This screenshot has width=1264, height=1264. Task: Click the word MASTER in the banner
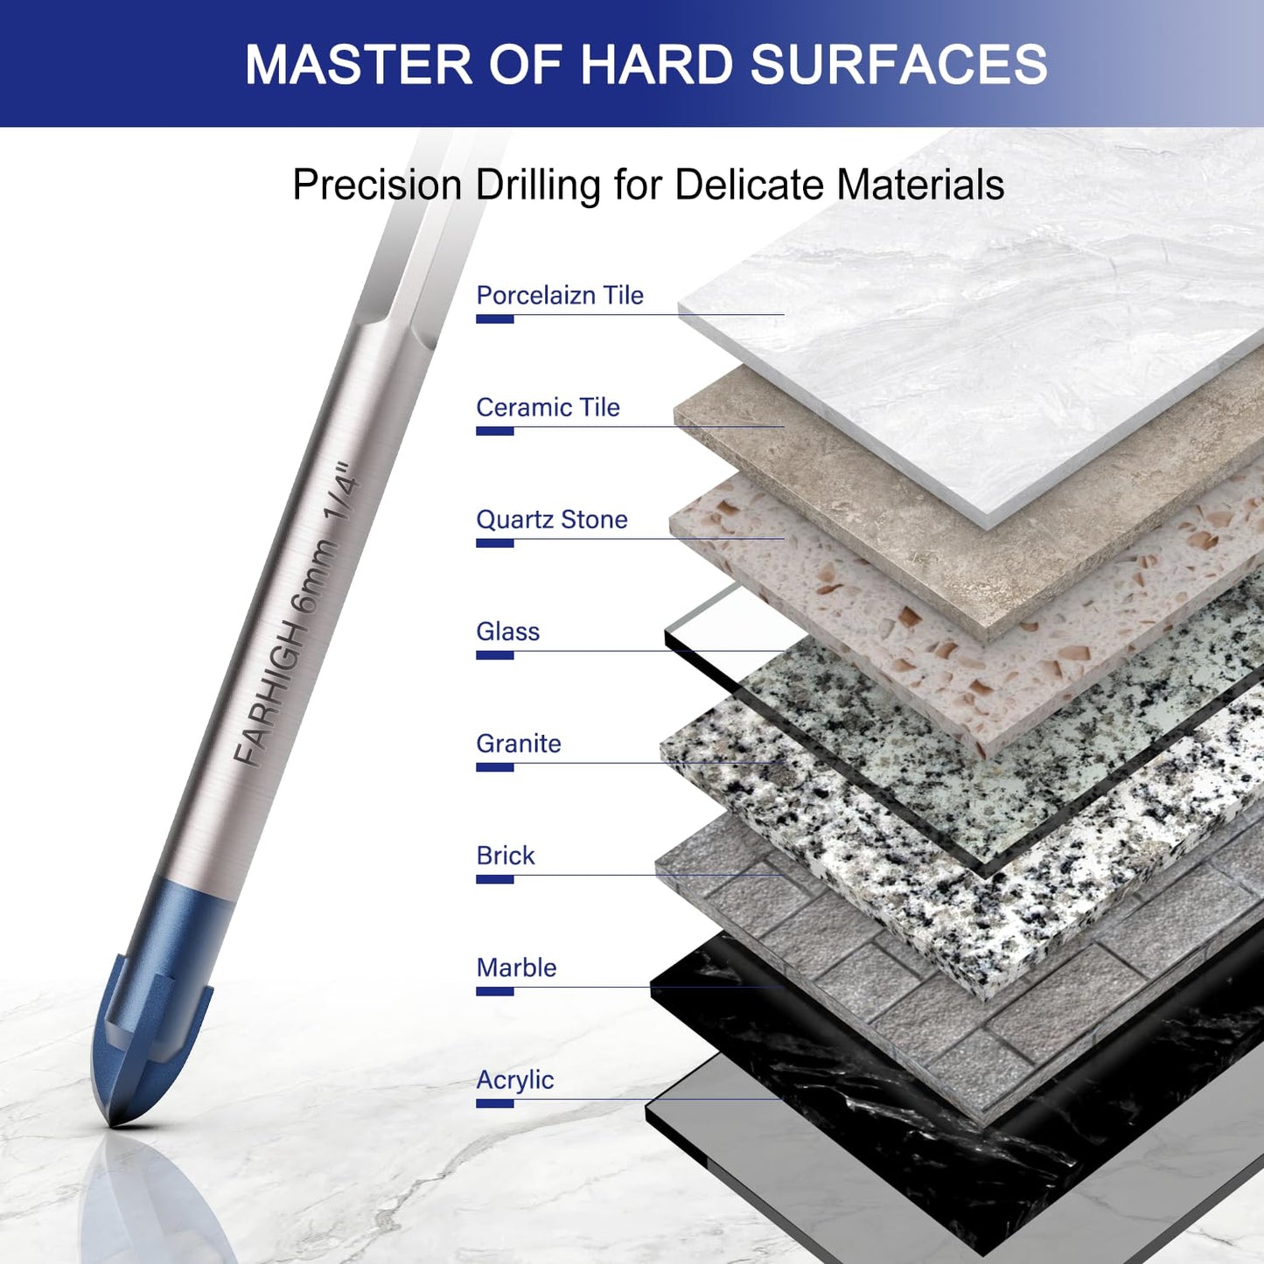[x=358, y=64]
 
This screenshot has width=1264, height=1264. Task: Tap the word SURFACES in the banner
[x=898, y=64]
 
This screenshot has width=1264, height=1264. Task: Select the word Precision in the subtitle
[x=378, y=185]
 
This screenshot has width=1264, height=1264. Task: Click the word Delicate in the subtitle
[x=750, y=185]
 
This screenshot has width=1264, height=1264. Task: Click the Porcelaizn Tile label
[x=560, y=295]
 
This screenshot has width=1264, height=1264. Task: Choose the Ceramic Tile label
[x=548, y=408]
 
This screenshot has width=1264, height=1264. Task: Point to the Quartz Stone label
[x=552, y=520]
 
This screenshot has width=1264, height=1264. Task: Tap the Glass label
[x=507, y=632]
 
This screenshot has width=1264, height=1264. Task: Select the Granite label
[x=518, y=744]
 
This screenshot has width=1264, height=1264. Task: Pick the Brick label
[x=505, y=856]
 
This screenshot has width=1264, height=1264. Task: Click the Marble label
[x=516, y=968]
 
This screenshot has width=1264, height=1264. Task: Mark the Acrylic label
[x=515, y=1080]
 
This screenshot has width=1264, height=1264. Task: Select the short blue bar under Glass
[x=494, y=655]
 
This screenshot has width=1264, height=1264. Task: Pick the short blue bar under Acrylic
[x=494, y=1104]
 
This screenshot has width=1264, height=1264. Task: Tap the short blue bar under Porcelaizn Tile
[x=494, y=318]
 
